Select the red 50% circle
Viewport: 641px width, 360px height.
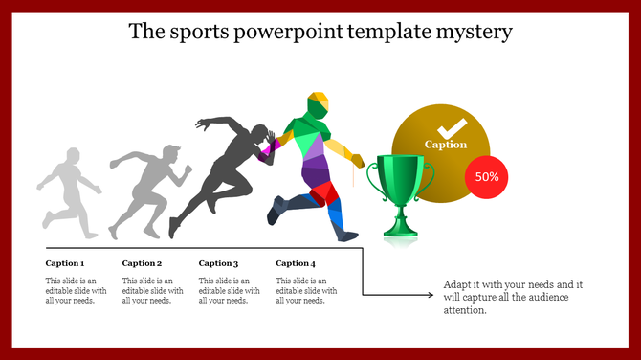coord(486,177)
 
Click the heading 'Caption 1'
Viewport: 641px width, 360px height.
coord(65,263)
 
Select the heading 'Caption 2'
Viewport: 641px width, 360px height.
coord(142,263)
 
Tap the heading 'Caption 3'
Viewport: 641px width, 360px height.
coord(218,263)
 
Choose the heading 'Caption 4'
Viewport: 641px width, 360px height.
coord(295,263)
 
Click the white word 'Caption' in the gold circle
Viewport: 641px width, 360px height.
coord(446,145)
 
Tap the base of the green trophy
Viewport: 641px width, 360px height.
coord(400,230)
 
